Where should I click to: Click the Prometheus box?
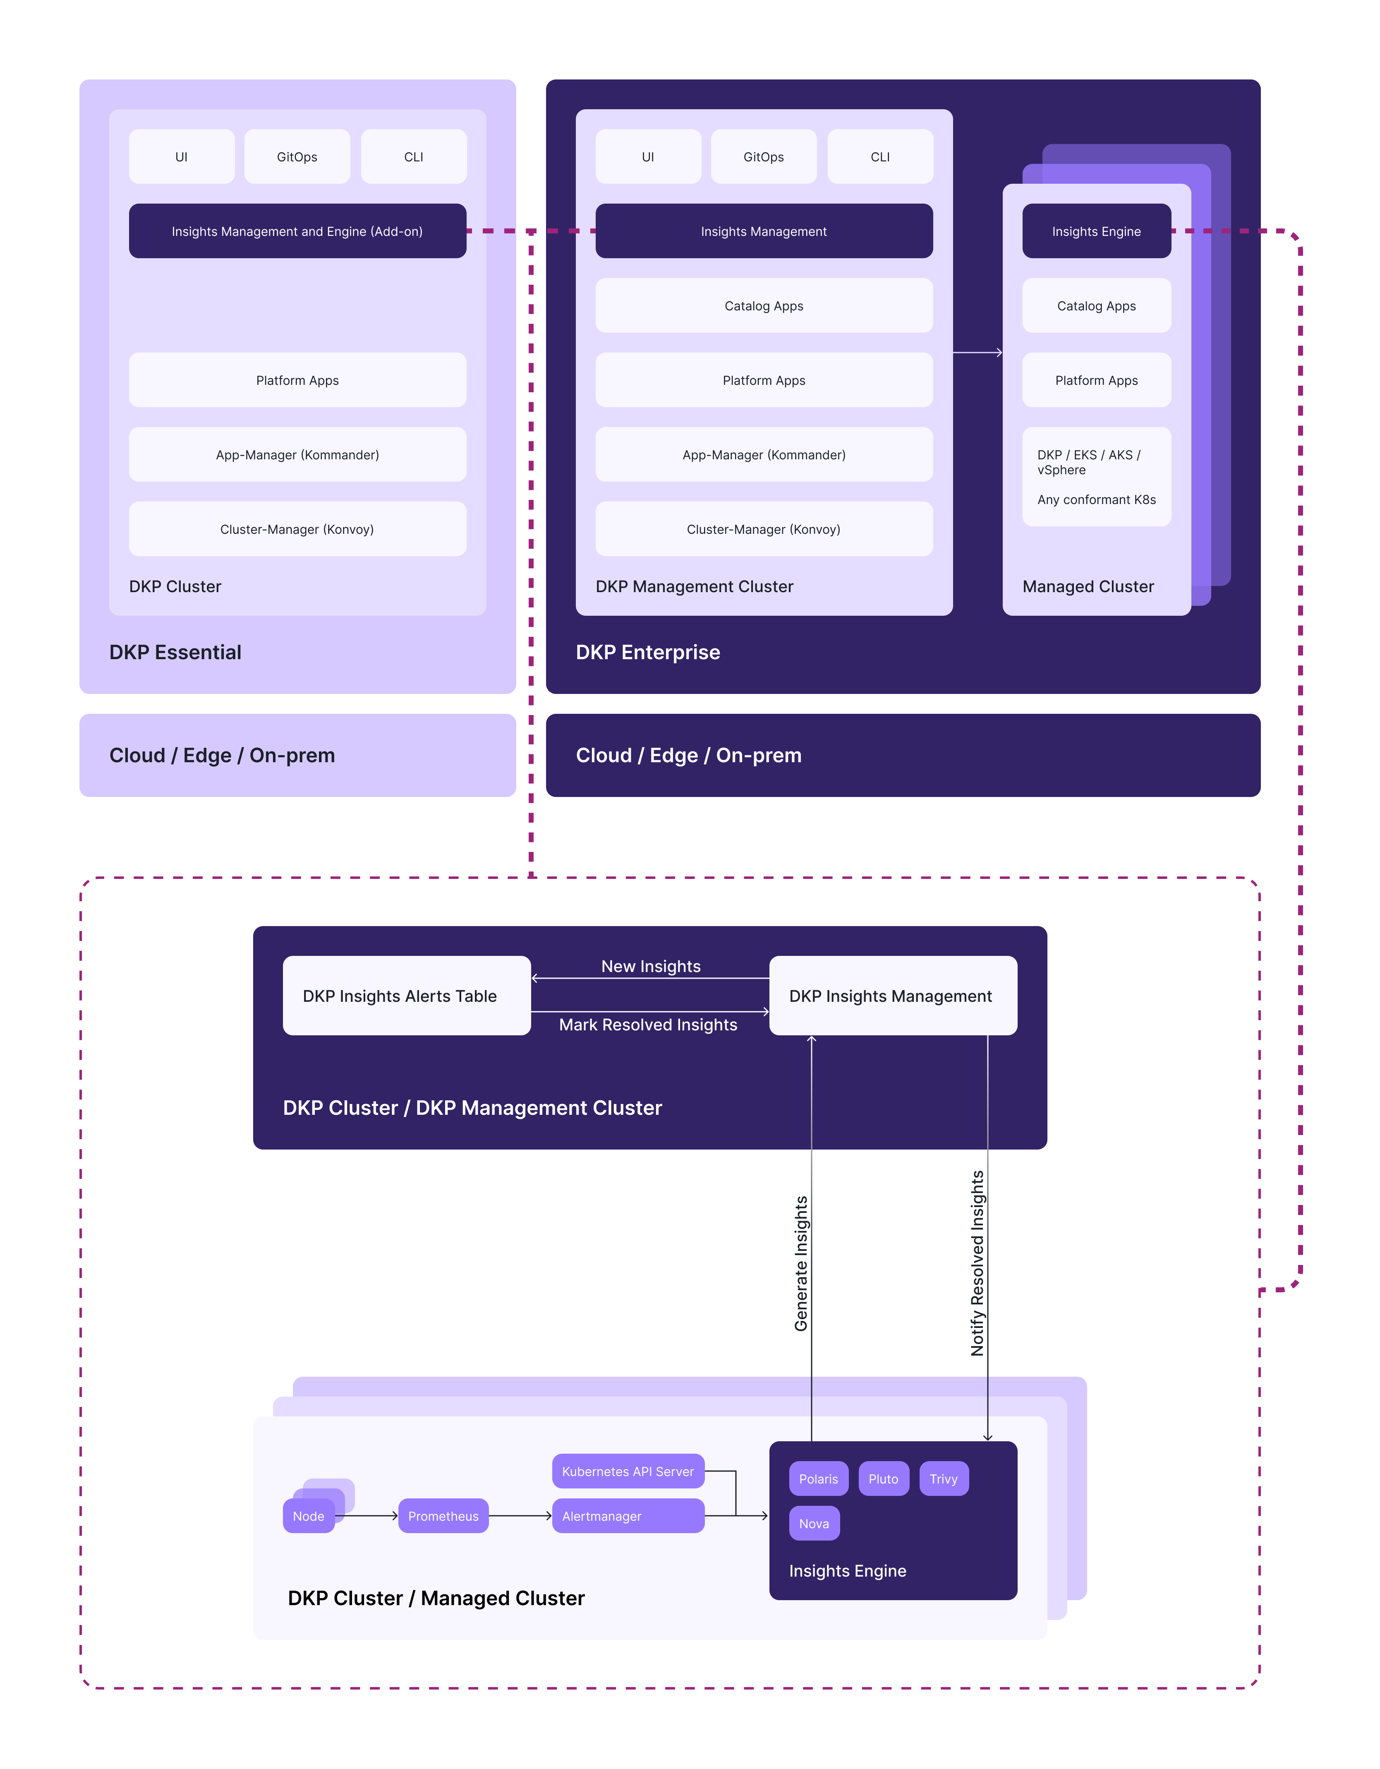tap(443, 1515)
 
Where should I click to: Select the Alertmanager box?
tap(628, 1515)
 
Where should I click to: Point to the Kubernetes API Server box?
tap(628, 1471)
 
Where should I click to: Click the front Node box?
tap(309, 1515)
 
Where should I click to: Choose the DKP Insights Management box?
tap(892, 996)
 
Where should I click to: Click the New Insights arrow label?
tap(650, 966)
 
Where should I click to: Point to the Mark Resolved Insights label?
tap(648, 1025)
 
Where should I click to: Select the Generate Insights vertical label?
tap(801, 1264)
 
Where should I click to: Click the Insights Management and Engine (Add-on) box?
tap(297, 231)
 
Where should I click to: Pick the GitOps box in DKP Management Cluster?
tap(764, 156)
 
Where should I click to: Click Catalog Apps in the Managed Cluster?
tap(1097, 305)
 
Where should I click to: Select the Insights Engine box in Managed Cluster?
tap(1097, 231)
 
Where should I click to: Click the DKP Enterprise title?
tap(648, 652)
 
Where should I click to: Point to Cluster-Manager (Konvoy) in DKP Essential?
tap(297, 529)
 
